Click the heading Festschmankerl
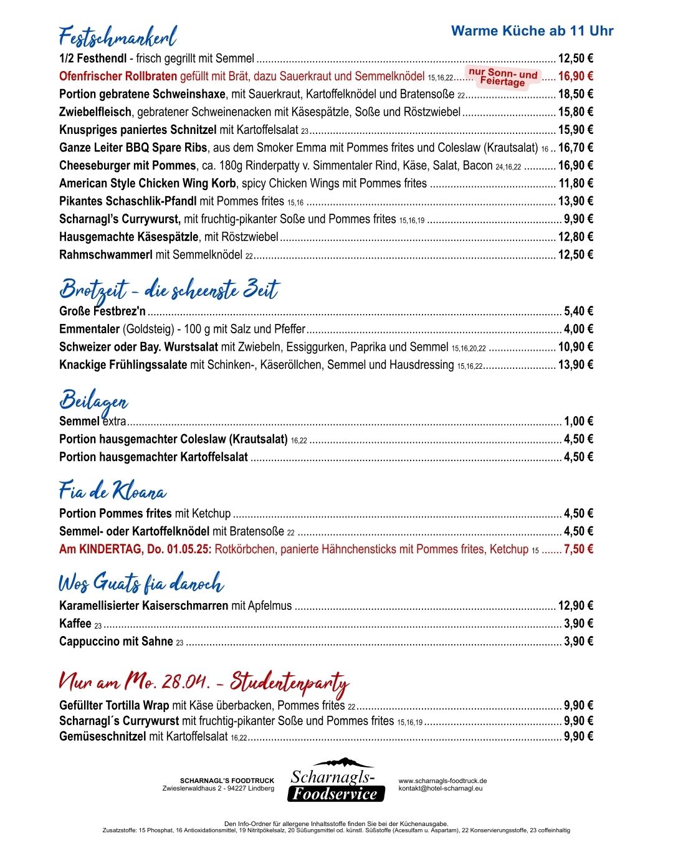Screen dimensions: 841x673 click(x=118, y=37)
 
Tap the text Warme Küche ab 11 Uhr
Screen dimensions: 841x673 click(x=532, y=31)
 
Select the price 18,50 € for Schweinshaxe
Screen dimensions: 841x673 click(x=575, y=94)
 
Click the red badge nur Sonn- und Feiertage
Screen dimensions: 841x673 click(x=502, y=78)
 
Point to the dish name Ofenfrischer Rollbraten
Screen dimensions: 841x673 click(x=118, y=77)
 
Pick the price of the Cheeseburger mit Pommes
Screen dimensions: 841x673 click(x=575, y=166)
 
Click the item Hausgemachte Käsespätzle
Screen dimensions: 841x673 click(x=129, y=237)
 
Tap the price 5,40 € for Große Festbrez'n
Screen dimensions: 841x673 click(x=578, y=311)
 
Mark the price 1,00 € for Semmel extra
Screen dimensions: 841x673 click(x=578, y=421)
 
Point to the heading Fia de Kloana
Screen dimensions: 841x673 click(x=112, y=492)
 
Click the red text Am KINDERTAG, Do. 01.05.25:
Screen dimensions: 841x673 click(x=135, y=549)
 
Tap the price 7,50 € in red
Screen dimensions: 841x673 click(x=578, y=549)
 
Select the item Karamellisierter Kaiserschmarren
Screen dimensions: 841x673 click(x=143, y=606)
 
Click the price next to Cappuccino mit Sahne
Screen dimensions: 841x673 click(x=578, y=641)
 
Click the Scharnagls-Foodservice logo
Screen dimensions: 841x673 click(x=334, y=781)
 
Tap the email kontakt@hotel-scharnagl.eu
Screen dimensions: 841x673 click(x=441, y=788)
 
